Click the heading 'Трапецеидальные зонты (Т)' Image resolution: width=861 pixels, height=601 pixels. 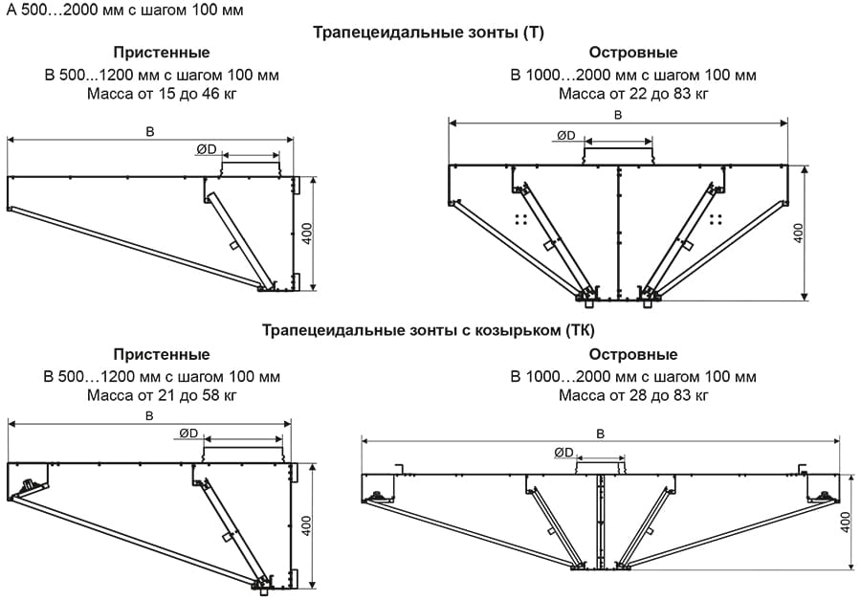click(x=429, y=32)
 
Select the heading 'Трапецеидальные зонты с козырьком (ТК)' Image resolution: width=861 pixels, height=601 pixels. click(x=429, y=332)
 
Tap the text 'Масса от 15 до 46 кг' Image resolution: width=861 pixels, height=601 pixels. click(x=162, y=94)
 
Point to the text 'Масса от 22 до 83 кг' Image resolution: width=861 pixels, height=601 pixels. click(x=633, y=94)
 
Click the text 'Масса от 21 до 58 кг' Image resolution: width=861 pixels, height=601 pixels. click(x=162, y=394)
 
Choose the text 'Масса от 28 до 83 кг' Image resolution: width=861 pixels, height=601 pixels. click(x=633, y=394)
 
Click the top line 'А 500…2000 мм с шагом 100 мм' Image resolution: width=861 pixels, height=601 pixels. click(x=124, y=11)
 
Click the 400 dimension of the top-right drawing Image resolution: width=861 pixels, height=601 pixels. click(x=799, y=233)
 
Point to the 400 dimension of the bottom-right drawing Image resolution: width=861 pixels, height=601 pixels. click(x=846, y=522)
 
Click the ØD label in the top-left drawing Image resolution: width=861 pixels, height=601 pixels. click(x=207, y=149)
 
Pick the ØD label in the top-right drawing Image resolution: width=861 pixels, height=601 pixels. click(x=566, y=136)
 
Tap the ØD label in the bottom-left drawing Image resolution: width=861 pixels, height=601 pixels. click(x=188, y=434)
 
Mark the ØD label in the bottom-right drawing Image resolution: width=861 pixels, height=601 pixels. click(x=563, y=453)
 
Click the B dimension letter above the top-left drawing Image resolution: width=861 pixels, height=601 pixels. click(x=150, y=131)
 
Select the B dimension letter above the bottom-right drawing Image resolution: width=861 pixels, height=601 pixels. click(x=600, y=433)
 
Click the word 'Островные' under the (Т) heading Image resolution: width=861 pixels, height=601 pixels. click(x=633, y=53)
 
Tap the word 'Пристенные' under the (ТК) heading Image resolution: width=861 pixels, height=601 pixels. click(x=162, y=355)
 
